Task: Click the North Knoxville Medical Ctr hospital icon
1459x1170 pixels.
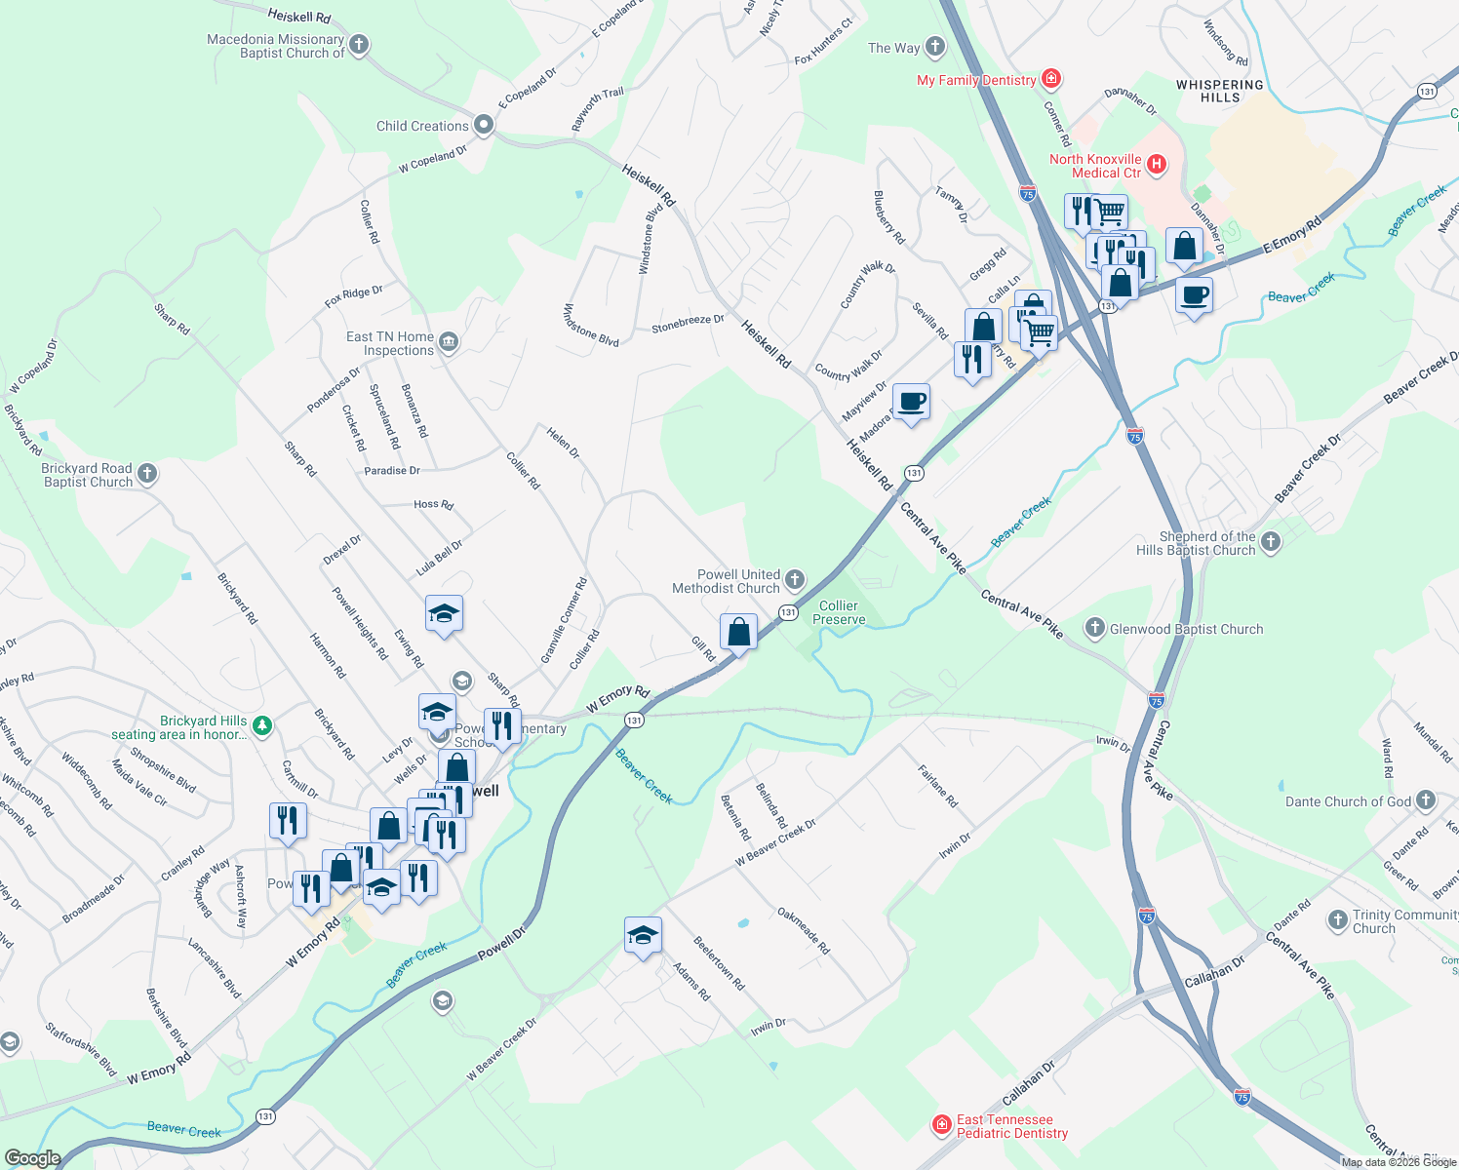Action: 1157,164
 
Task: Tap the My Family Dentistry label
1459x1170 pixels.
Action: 976,80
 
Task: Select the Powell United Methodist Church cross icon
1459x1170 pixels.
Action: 795,581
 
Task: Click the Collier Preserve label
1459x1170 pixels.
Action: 839,612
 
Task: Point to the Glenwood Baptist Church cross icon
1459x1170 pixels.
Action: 1095,628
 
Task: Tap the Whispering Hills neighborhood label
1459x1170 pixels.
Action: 1219,91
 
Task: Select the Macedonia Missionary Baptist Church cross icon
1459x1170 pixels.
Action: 359,45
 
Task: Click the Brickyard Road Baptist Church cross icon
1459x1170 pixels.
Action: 147,474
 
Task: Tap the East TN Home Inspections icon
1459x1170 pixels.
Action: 449,341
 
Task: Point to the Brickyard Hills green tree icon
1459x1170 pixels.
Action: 261,725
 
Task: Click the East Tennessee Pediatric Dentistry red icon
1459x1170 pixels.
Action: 941,1125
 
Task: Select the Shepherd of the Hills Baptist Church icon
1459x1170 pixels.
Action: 1270,542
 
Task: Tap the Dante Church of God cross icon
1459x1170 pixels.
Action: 1426,800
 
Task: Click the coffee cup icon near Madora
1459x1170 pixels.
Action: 911,402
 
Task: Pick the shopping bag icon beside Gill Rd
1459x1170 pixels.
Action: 739,632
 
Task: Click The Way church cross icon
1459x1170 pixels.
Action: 934,47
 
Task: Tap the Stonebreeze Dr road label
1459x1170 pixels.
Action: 688,324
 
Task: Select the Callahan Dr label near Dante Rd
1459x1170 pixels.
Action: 1214,971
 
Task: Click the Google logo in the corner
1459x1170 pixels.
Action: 33,1158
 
